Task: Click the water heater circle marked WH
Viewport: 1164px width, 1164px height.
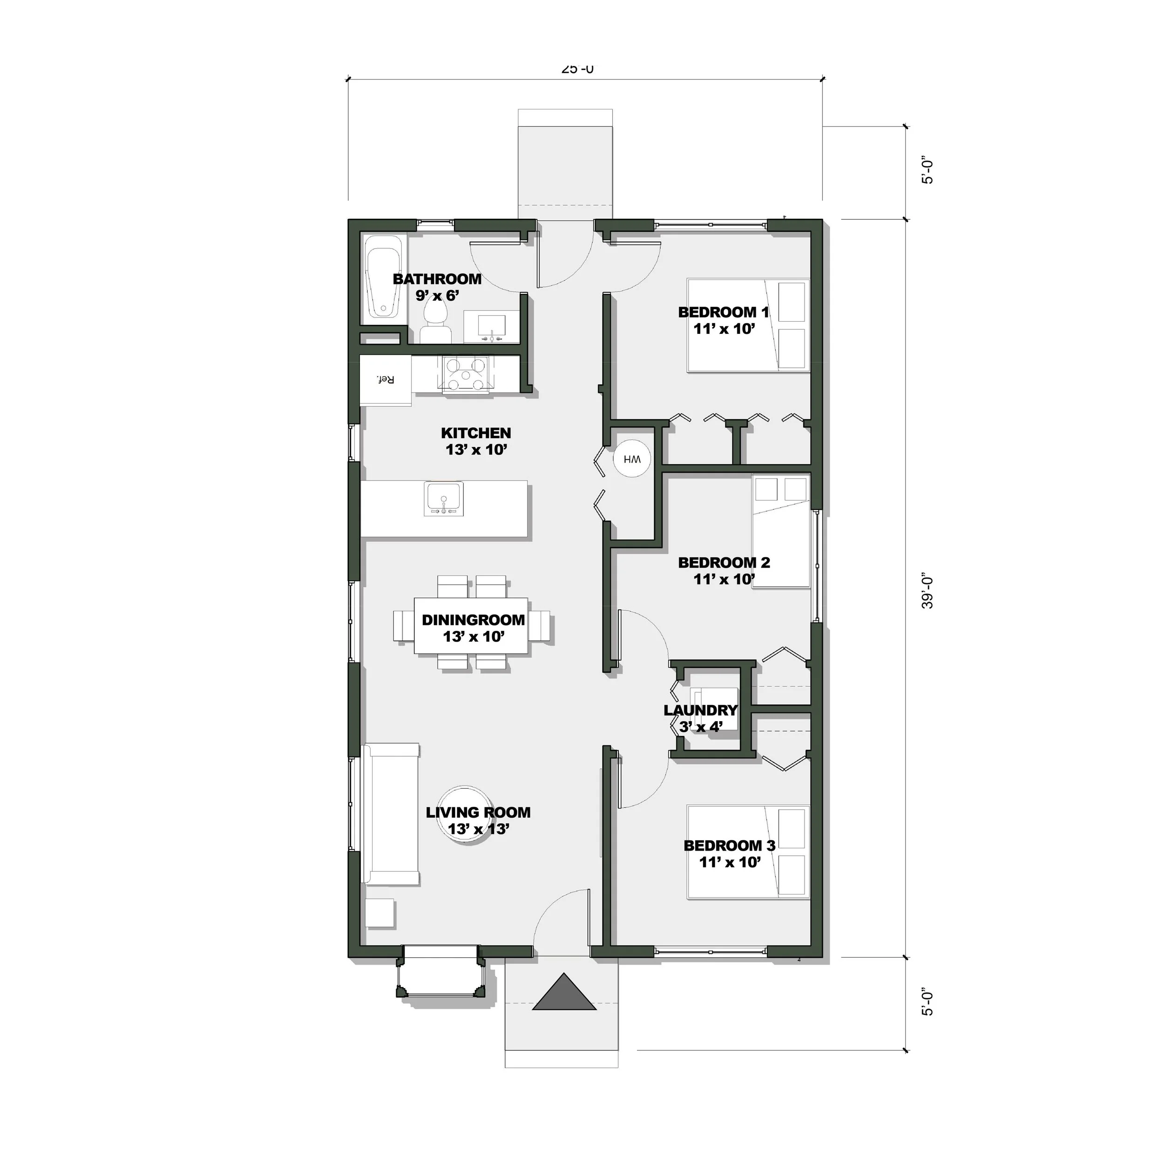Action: (x=632, y=459)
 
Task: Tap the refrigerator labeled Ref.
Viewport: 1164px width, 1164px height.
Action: (x=386, y=379)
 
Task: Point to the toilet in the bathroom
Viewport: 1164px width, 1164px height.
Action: (x=435, y=322)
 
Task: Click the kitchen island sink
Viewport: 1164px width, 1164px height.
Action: (x=444, y=499)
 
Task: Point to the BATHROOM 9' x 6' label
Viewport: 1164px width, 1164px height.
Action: (x=437, y=287)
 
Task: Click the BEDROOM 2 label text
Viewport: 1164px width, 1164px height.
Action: (x=724, y=563)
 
